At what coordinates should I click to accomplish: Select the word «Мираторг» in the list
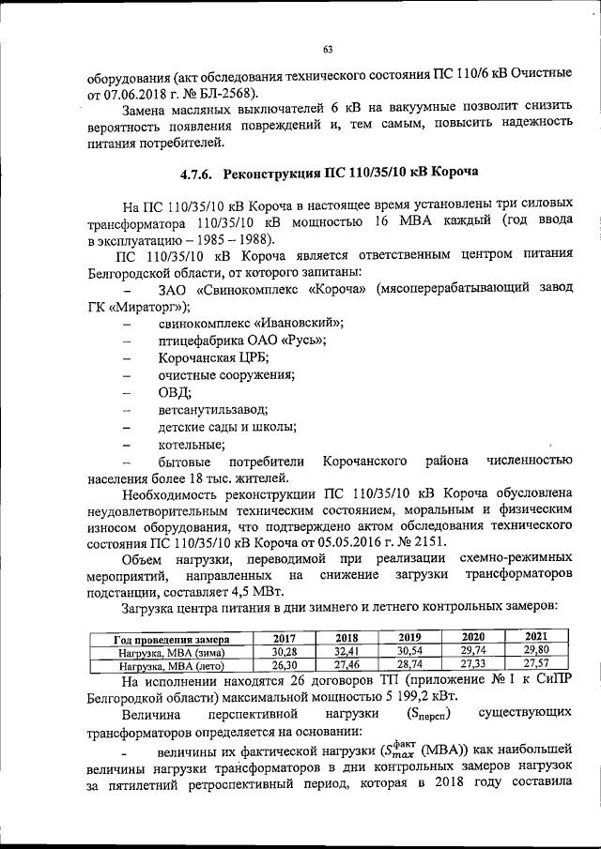coord(147,307)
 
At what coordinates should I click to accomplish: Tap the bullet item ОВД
coord(174,392)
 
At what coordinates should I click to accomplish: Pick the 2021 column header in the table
coord(535,636)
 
